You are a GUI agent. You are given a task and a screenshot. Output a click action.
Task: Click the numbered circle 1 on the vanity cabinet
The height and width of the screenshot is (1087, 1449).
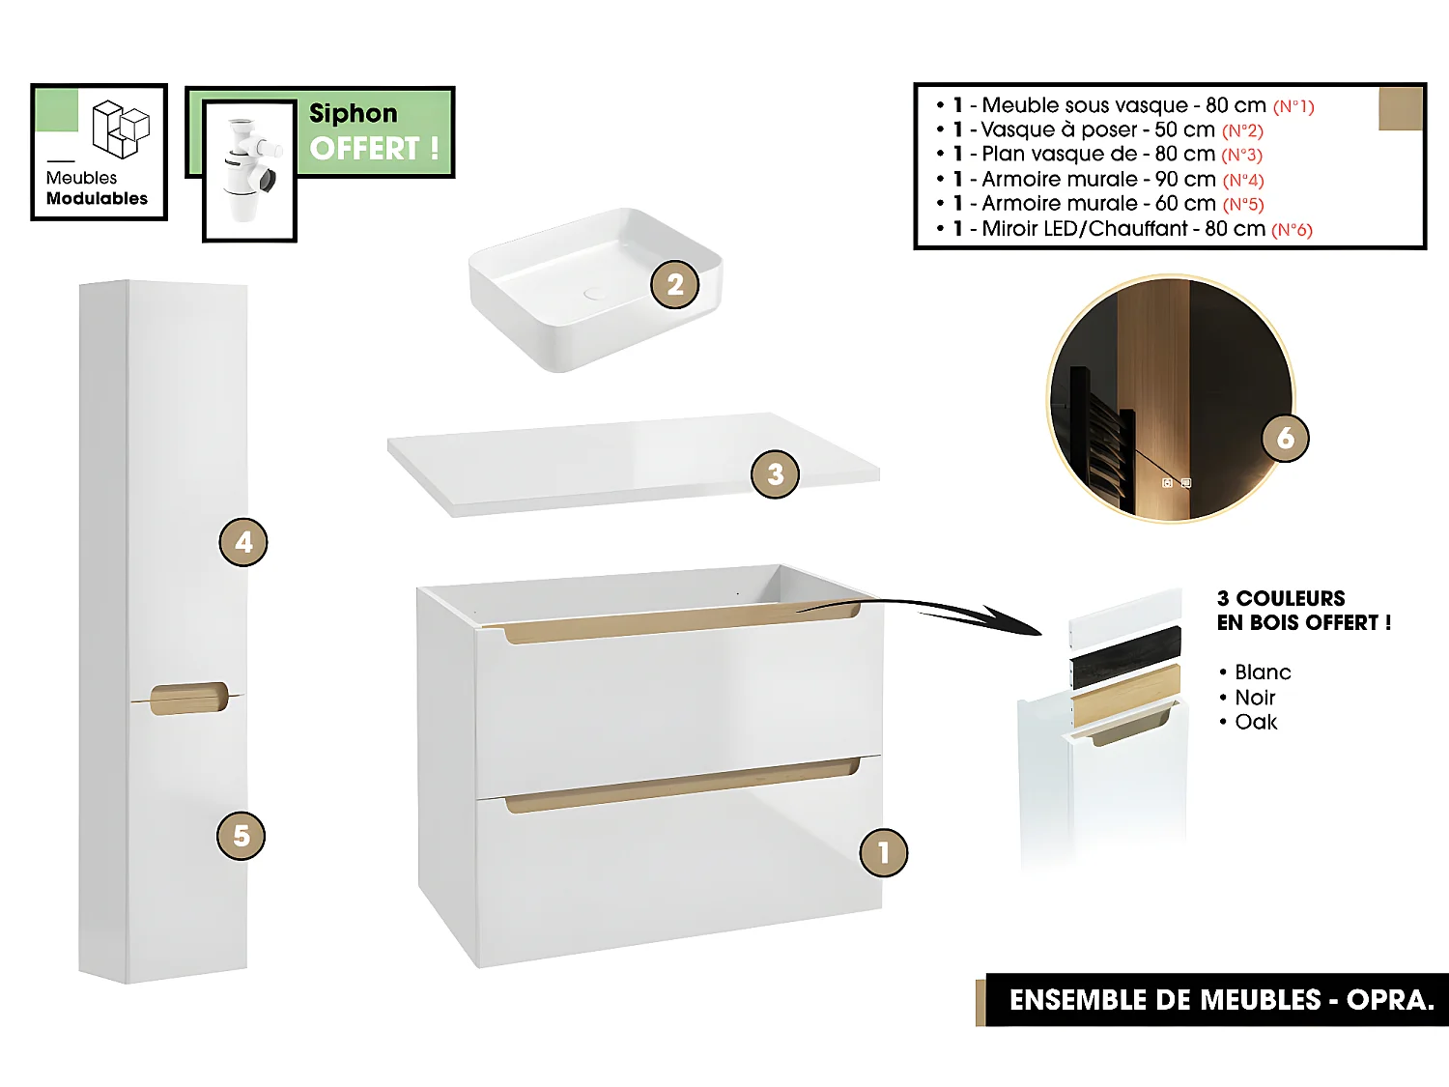point(883,852)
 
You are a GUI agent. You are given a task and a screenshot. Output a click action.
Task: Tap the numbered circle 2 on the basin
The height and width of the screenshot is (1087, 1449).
point(674,284)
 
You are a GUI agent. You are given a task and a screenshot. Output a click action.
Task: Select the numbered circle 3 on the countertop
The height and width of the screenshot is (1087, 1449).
point(775,474)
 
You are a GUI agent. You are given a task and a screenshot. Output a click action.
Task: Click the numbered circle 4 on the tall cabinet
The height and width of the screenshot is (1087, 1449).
point(242,542)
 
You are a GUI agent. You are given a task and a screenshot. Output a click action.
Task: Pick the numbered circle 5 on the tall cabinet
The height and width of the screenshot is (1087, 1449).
point(241,836)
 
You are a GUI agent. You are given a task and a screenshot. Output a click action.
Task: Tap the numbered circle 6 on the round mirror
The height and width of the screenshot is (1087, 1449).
point(1286,438)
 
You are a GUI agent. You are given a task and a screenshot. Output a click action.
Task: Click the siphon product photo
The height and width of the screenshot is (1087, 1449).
point(249,170)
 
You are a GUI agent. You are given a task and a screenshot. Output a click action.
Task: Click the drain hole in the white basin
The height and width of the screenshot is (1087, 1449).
point(593,293)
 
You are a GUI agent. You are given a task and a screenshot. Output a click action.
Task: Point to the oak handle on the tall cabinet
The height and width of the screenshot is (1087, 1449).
point(188,699)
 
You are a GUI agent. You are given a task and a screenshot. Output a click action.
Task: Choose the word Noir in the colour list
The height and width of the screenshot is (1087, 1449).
point(1255,698)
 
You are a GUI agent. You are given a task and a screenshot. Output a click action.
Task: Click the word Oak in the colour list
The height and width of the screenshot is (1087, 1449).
point(1256,723)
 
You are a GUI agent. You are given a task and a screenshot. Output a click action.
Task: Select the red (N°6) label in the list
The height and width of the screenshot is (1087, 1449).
point(1292,230)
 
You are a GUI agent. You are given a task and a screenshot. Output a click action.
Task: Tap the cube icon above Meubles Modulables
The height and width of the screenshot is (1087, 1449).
point(121,129)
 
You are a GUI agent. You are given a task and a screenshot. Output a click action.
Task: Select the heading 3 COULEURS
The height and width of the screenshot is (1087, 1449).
point(1281,598)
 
